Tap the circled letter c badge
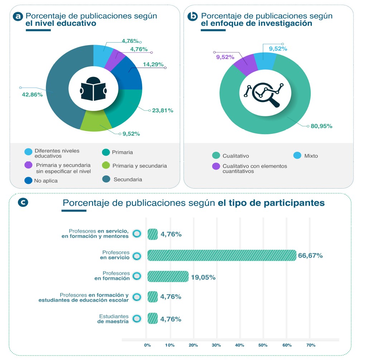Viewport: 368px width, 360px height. tap(23, 202)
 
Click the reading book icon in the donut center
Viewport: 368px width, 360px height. tap(93, 88)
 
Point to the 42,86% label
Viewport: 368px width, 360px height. tap(32, 95)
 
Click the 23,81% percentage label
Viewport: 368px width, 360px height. tap(163, 111)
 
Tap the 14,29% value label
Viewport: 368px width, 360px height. tap(153, 64)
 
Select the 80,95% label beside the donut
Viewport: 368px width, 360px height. tap(321, 126)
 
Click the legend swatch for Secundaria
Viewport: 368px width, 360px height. tap(107, 179)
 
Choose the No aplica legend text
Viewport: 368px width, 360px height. tap(46, 181)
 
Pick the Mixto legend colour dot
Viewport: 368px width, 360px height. tap(296, 156)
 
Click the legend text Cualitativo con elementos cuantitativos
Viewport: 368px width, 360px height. tap(255, 169)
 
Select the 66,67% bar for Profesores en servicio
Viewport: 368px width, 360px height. tap(222, 256)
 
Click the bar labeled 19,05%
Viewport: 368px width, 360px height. tap(168, 277)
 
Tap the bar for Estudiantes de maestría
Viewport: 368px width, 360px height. tap(152, 318)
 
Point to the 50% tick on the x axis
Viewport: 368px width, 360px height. tap(263, 345)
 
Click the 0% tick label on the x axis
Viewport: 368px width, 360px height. tap(147, 345)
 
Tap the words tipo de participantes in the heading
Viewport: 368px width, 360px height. tap(271, 203)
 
